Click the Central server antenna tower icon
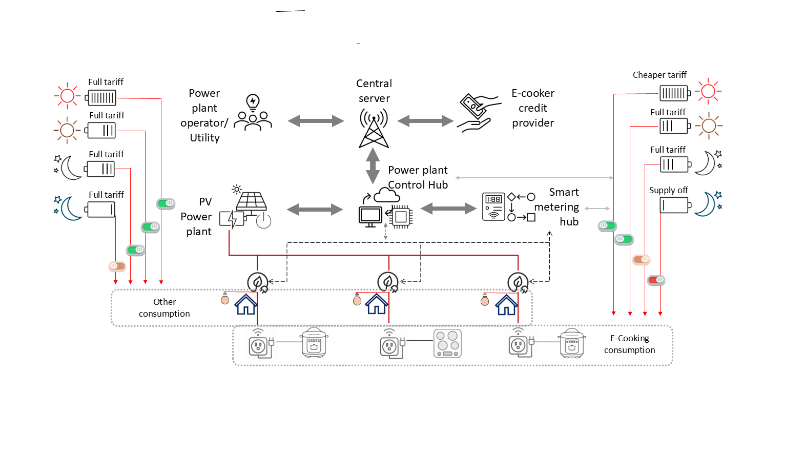coord(374,128)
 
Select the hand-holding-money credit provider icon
coord(478,113)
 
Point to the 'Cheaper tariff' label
coord(659,75)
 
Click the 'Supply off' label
coord(668,190)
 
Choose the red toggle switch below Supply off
coord(656,280)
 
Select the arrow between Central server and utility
coord(316,121)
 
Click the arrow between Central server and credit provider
coord(425,121)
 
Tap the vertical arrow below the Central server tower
coord(373,166)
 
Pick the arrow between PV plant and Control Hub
coord(315,209)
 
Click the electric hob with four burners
coord(447,343)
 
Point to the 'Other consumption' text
coord(164,308)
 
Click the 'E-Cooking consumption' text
coord(629,344)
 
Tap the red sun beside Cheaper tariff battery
coord(708,92)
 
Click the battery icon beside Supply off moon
coord(675,205)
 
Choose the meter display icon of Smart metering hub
coord(494,206)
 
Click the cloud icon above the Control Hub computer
coord(387,195)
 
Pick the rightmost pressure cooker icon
coord(572,343)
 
